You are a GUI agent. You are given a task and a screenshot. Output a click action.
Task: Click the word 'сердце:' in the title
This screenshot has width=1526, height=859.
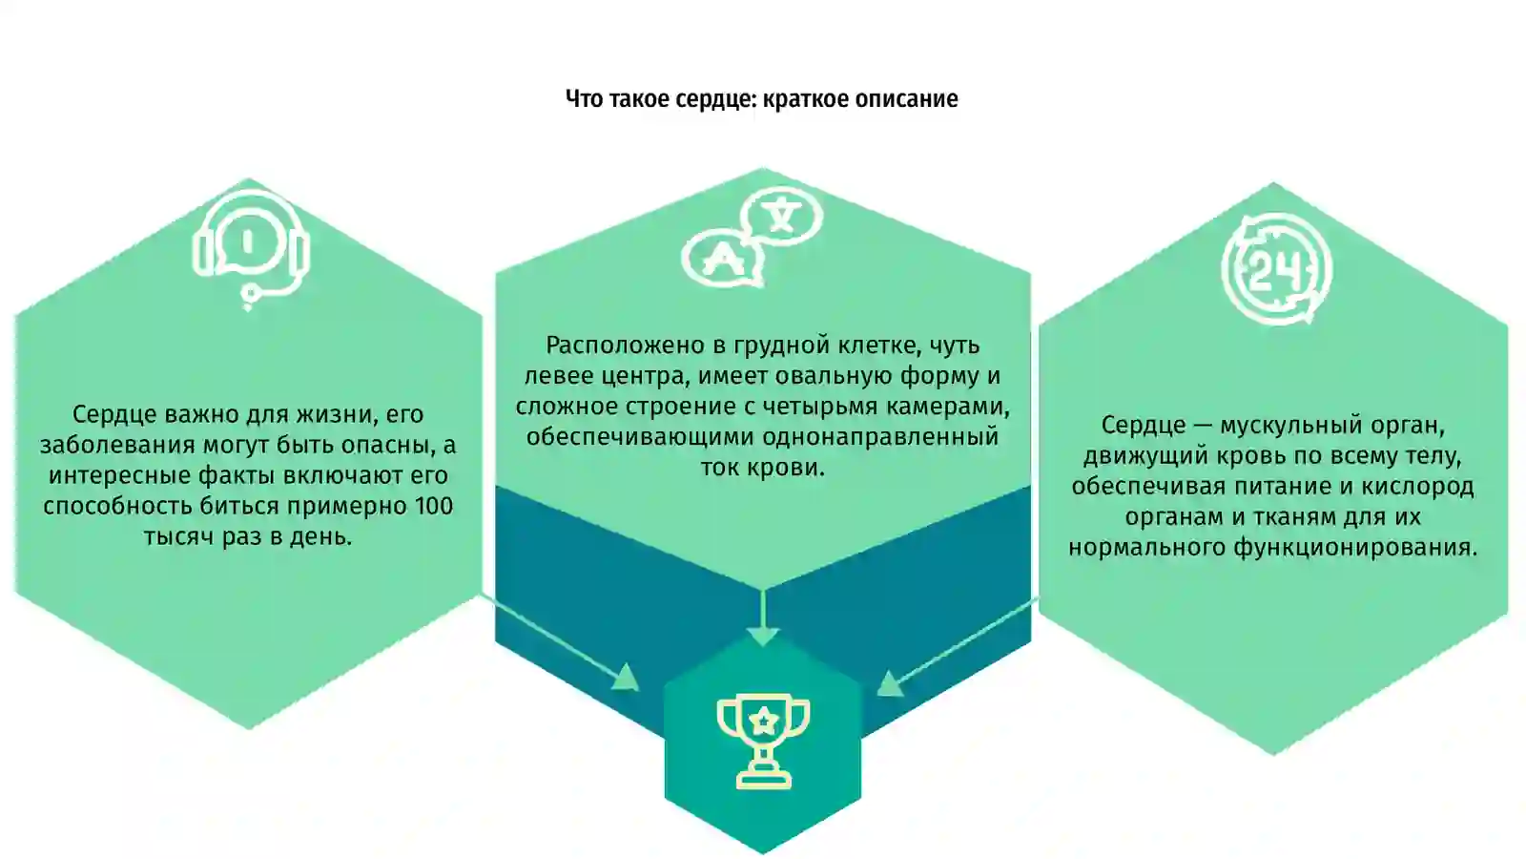point(716,99)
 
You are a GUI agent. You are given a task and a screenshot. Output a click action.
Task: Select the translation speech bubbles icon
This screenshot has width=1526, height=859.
point(753,238)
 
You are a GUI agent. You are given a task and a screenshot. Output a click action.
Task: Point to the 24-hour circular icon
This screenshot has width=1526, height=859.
point(1276,269)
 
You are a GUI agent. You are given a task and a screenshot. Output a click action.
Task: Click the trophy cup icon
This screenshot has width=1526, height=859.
point(763,741)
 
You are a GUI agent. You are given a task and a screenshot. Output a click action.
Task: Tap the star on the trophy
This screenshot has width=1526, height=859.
point(764,720)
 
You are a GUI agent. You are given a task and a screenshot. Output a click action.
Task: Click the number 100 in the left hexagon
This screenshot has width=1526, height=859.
point(433,507)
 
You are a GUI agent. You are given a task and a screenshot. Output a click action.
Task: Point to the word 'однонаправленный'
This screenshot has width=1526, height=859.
point(880,437)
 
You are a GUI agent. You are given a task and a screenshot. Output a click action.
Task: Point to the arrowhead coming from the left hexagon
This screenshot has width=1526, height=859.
point(626,677)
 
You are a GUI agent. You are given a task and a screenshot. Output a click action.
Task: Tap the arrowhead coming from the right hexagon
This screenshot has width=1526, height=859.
point(889,683)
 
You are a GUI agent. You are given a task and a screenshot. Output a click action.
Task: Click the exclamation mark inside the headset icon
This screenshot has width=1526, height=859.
point(247,241)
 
